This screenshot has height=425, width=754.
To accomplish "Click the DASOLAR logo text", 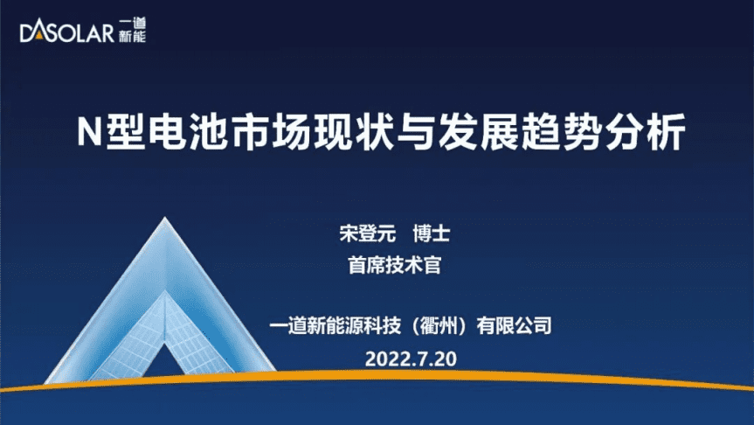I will (66, 33).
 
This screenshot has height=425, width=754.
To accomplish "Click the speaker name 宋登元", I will (367, 233).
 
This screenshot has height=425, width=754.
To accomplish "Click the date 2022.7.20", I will (411, 359).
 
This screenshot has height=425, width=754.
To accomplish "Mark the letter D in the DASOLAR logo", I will (27, 34).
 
